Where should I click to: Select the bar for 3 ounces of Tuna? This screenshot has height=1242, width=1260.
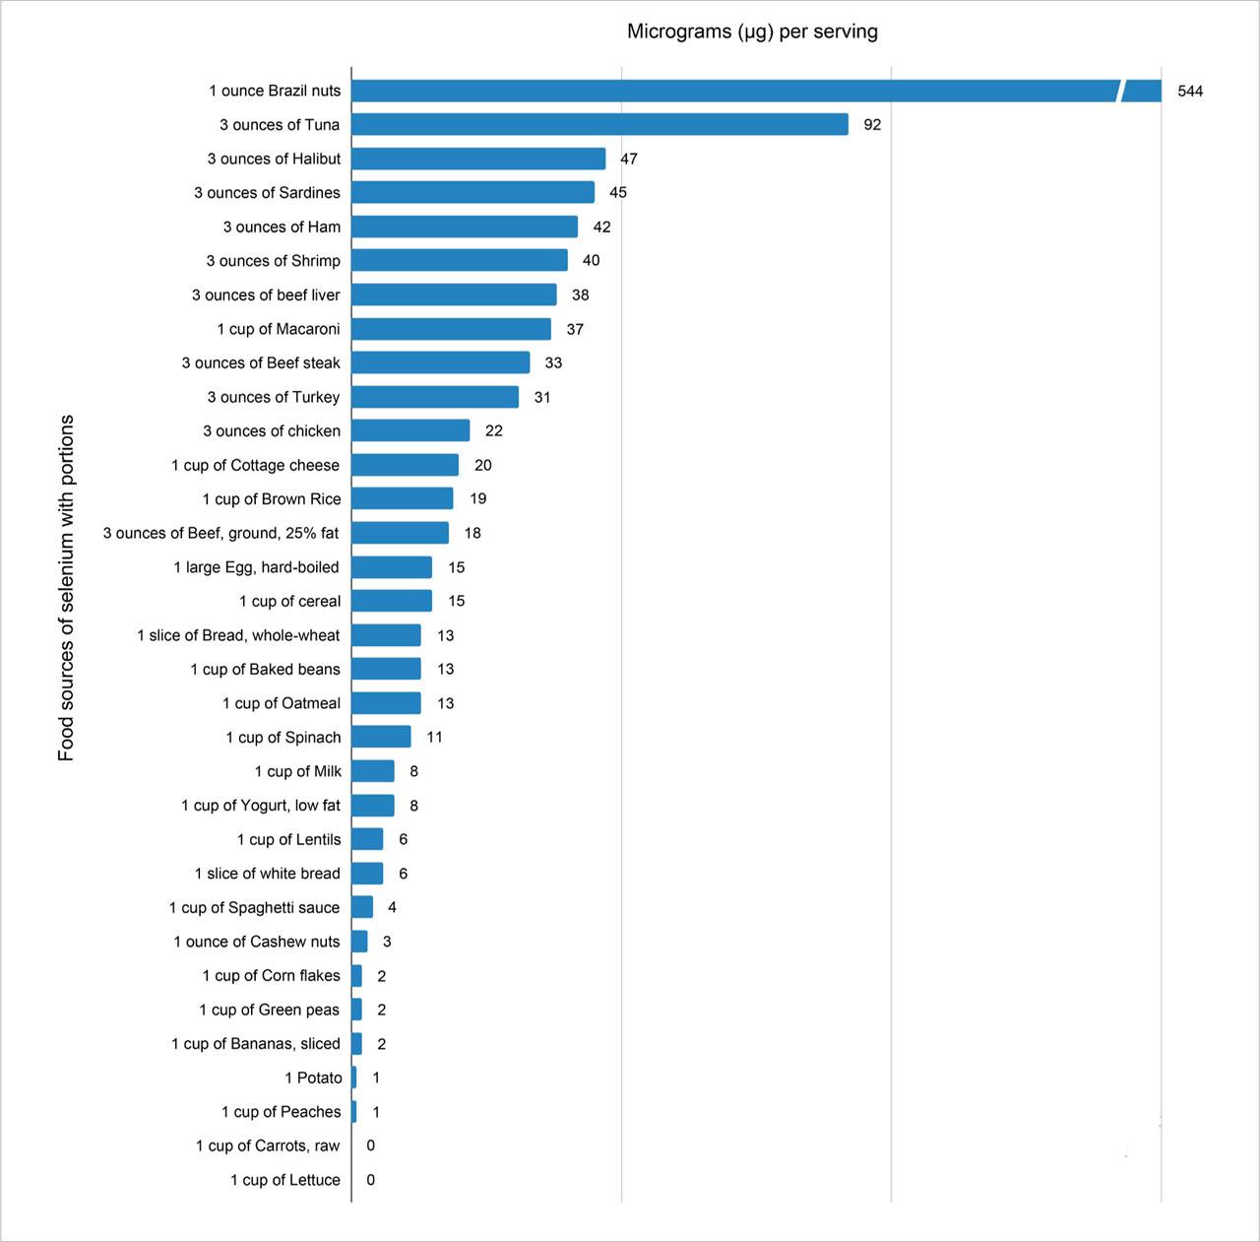point(599,124)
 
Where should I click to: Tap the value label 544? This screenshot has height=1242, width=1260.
point(1190,92)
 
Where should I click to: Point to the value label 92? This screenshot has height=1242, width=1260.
point(872,125)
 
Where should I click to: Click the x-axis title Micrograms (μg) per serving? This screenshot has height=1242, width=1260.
point(752,32)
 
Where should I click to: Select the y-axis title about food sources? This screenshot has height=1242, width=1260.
point(66,588)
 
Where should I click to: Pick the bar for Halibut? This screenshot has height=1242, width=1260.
point(478,159)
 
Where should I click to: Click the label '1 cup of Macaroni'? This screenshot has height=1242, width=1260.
point(279,329)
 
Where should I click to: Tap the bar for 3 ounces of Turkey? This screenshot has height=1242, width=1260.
point(435,397)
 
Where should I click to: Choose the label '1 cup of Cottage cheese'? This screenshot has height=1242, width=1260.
point(255,465)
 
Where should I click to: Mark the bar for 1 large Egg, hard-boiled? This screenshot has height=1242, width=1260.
point(392,567)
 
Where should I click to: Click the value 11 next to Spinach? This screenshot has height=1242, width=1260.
point(434,738)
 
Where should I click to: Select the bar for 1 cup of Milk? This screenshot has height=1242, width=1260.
point(373,771)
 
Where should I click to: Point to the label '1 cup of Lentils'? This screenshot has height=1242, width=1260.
point(288,839)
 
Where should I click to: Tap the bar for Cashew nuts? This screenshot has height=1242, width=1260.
point(359,942)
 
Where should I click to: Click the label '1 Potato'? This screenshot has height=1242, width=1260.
point(313,1078)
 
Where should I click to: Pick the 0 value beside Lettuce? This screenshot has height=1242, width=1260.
point(370,1180)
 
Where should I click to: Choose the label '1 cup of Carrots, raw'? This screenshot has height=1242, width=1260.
point(268,1145)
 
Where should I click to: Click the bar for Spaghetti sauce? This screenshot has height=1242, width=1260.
point(362,907)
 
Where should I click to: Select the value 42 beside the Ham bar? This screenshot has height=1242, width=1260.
point(601,228)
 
